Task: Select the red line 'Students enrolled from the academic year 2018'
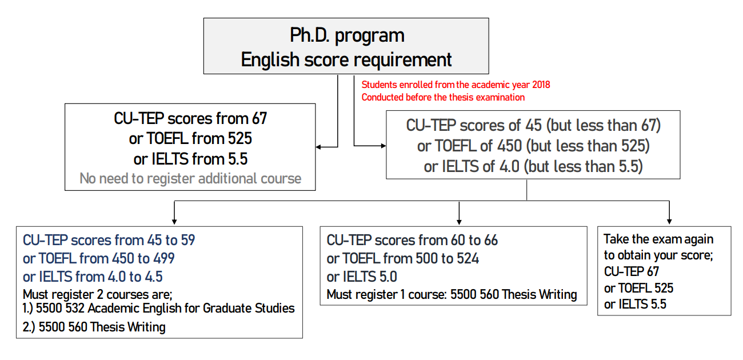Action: [x=456, y=85]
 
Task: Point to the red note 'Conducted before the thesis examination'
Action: [x=443, y=98]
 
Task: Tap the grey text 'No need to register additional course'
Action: [x=190, y=179]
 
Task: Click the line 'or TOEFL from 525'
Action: [x=190, y=138]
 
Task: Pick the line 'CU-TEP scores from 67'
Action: [x=190, y=119]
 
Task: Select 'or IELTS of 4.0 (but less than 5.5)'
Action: [x=533, y=166]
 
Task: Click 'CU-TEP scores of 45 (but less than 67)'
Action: [x=533, y=126]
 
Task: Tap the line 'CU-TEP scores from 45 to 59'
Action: [x=109, y=241]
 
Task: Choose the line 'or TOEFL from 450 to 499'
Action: [x=98, y=258]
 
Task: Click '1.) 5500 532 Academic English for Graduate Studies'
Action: [x=158, y=309]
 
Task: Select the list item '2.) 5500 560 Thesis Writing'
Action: [x=94, y=327]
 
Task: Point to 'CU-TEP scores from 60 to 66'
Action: [x=412, y=241]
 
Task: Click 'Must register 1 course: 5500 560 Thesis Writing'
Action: [x=452, y=294]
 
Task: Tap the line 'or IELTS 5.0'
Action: [x=362, y=277]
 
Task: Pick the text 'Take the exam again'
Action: [x=658, y=239]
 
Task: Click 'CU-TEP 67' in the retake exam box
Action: [x=631, y=271]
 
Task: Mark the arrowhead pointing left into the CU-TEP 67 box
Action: [x=318, y=147]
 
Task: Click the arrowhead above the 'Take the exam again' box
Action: [x=669, y=222]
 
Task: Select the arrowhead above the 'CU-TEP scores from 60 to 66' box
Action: [x=459, y=222]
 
